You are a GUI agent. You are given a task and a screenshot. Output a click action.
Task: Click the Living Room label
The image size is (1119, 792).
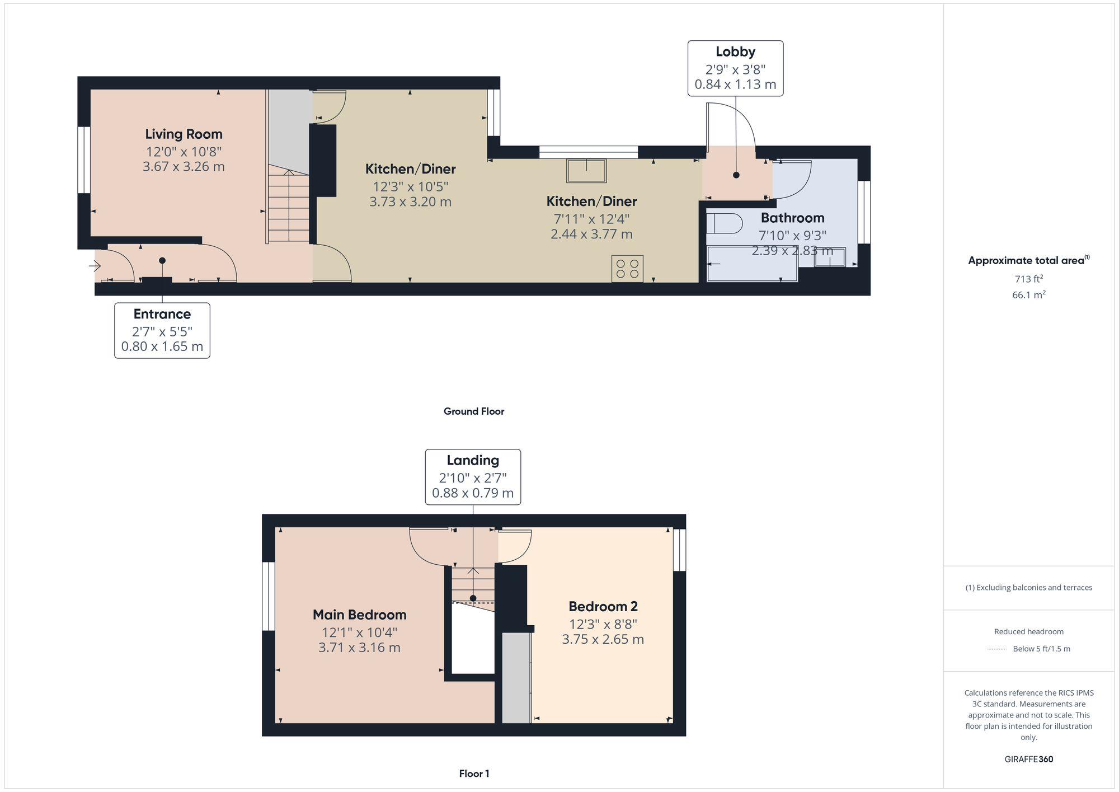(184, 134)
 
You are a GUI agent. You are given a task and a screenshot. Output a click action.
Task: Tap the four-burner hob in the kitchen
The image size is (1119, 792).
(627, 269)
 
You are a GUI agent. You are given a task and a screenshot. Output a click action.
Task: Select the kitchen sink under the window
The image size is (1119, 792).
(586, 171)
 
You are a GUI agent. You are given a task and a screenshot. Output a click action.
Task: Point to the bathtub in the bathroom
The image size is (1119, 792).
(753, 264)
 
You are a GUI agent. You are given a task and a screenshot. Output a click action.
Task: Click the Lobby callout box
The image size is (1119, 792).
(735, 68)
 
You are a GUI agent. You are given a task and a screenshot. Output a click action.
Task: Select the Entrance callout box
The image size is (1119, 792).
(162, 330)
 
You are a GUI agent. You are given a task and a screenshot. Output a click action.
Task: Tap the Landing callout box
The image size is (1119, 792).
(473, 477)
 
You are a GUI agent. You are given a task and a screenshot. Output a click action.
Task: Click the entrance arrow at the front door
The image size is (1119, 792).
(95, 266)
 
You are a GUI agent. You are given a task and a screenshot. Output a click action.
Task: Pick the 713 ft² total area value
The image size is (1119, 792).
(1028, 279)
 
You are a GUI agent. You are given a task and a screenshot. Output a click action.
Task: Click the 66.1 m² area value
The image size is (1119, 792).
(1028, 295)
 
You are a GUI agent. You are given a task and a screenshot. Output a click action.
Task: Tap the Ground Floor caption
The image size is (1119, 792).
(474, 411)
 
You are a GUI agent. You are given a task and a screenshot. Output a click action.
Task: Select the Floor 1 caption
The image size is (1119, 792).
(474, 774)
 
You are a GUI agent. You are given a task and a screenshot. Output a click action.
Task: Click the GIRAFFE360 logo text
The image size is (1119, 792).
(1028, 760)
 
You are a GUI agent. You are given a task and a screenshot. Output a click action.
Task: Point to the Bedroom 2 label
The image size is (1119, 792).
(603, 607)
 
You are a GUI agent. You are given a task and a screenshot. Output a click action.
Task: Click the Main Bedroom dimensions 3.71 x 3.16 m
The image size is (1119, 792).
(359, 648)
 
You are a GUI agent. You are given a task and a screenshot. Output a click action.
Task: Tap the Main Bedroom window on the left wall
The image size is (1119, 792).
(269, 596)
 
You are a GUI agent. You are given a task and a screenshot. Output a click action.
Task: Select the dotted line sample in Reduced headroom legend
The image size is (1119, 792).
(997, 649)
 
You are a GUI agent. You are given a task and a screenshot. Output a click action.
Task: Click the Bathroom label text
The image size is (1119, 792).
(792, 218)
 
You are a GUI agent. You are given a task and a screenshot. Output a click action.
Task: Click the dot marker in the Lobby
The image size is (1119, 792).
(736, 175)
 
